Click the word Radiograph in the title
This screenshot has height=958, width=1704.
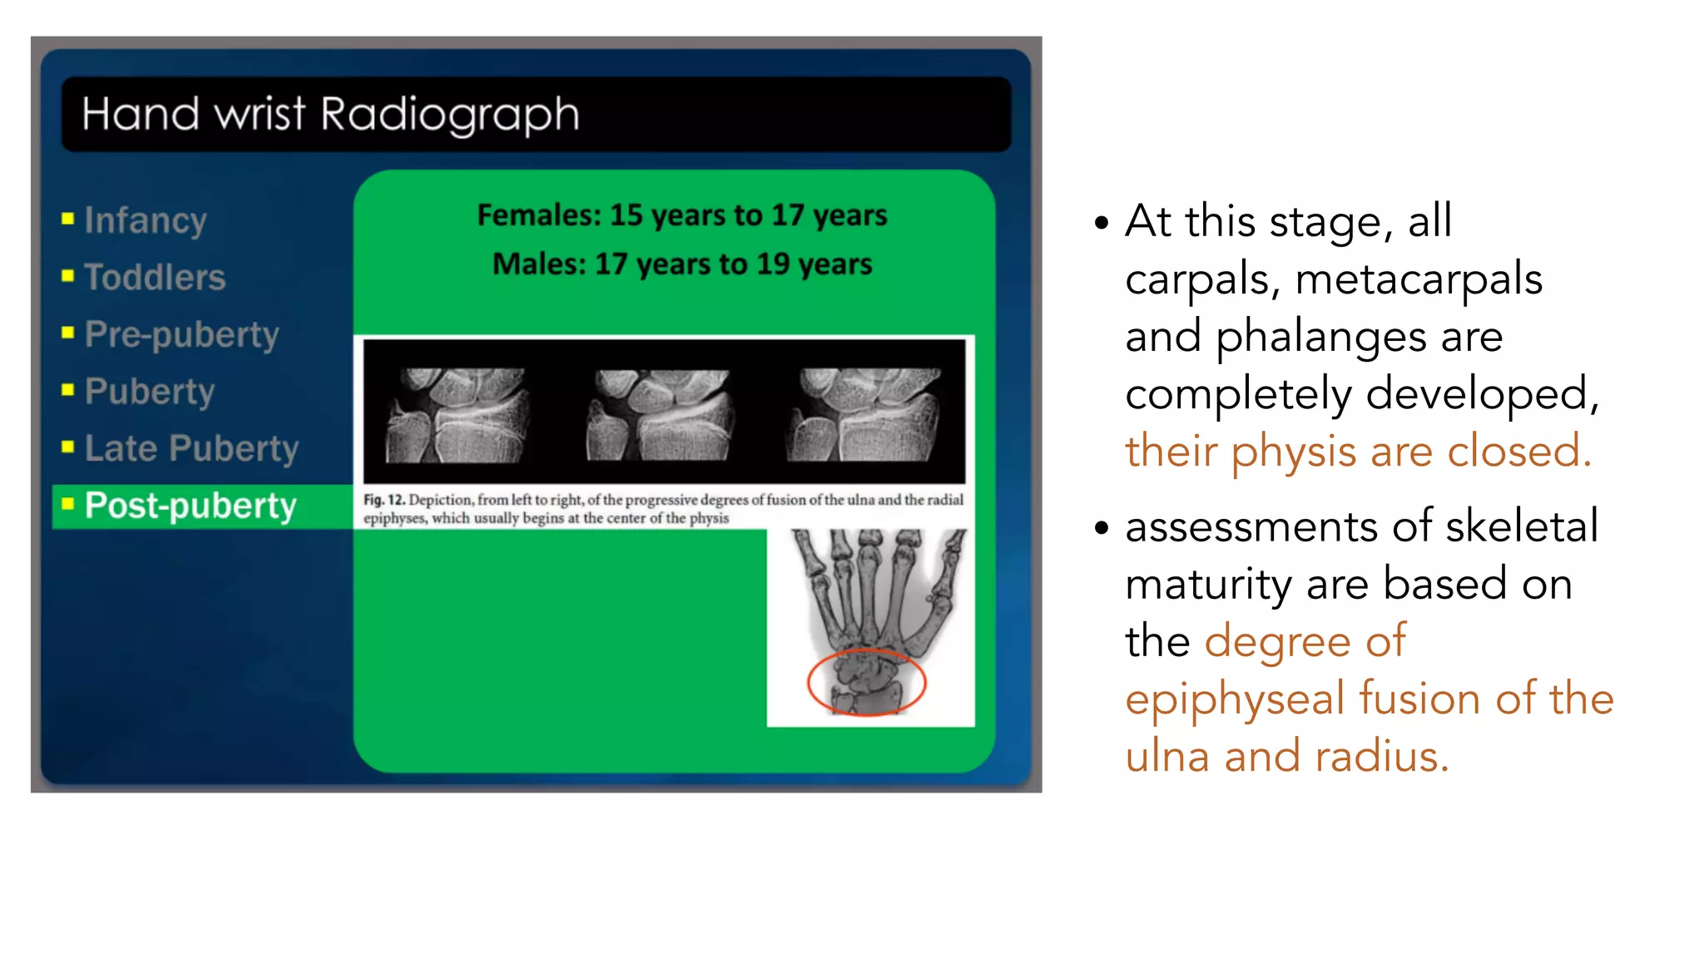[449, 114]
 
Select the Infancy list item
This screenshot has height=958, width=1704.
[146, 220]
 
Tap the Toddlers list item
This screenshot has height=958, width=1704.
[155, 277]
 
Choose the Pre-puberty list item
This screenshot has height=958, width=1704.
[181, 334]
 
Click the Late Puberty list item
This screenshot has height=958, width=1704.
[191, 448]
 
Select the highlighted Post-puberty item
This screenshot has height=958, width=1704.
[191, 506]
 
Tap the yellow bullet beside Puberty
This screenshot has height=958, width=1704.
[68, 390]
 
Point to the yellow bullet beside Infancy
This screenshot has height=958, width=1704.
[68, 219]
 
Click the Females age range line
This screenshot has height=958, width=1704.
[681, 215]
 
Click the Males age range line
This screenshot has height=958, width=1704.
[681, 264]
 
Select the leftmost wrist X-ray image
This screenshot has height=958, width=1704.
[457, 415]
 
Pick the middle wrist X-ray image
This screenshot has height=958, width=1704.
[661, 415]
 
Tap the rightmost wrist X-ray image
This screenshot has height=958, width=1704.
[865, 415]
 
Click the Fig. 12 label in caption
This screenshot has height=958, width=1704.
[384, 500]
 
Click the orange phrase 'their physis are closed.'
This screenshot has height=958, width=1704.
[1358, 452]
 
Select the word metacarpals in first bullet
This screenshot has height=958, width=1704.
[1419, 279]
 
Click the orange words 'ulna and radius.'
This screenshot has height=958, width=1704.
[1286, 757]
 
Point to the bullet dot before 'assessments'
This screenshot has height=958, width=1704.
[1102, 527]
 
